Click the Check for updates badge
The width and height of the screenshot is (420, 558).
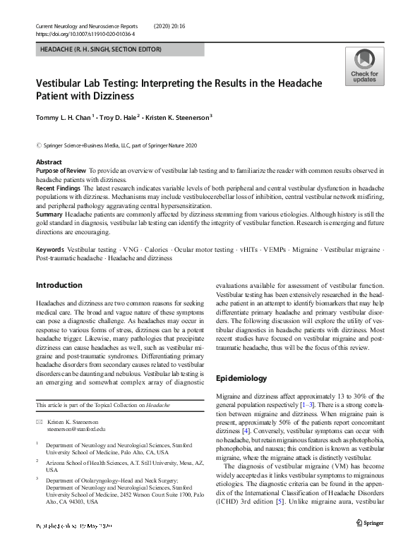(364, 66)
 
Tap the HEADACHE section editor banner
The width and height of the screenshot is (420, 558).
(101, 49)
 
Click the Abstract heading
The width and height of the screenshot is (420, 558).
(49, 162)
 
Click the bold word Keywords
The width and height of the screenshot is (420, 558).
(50, 250)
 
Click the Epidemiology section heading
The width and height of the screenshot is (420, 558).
(241, 378)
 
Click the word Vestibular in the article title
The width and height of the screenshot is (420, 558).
(64, 83)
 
